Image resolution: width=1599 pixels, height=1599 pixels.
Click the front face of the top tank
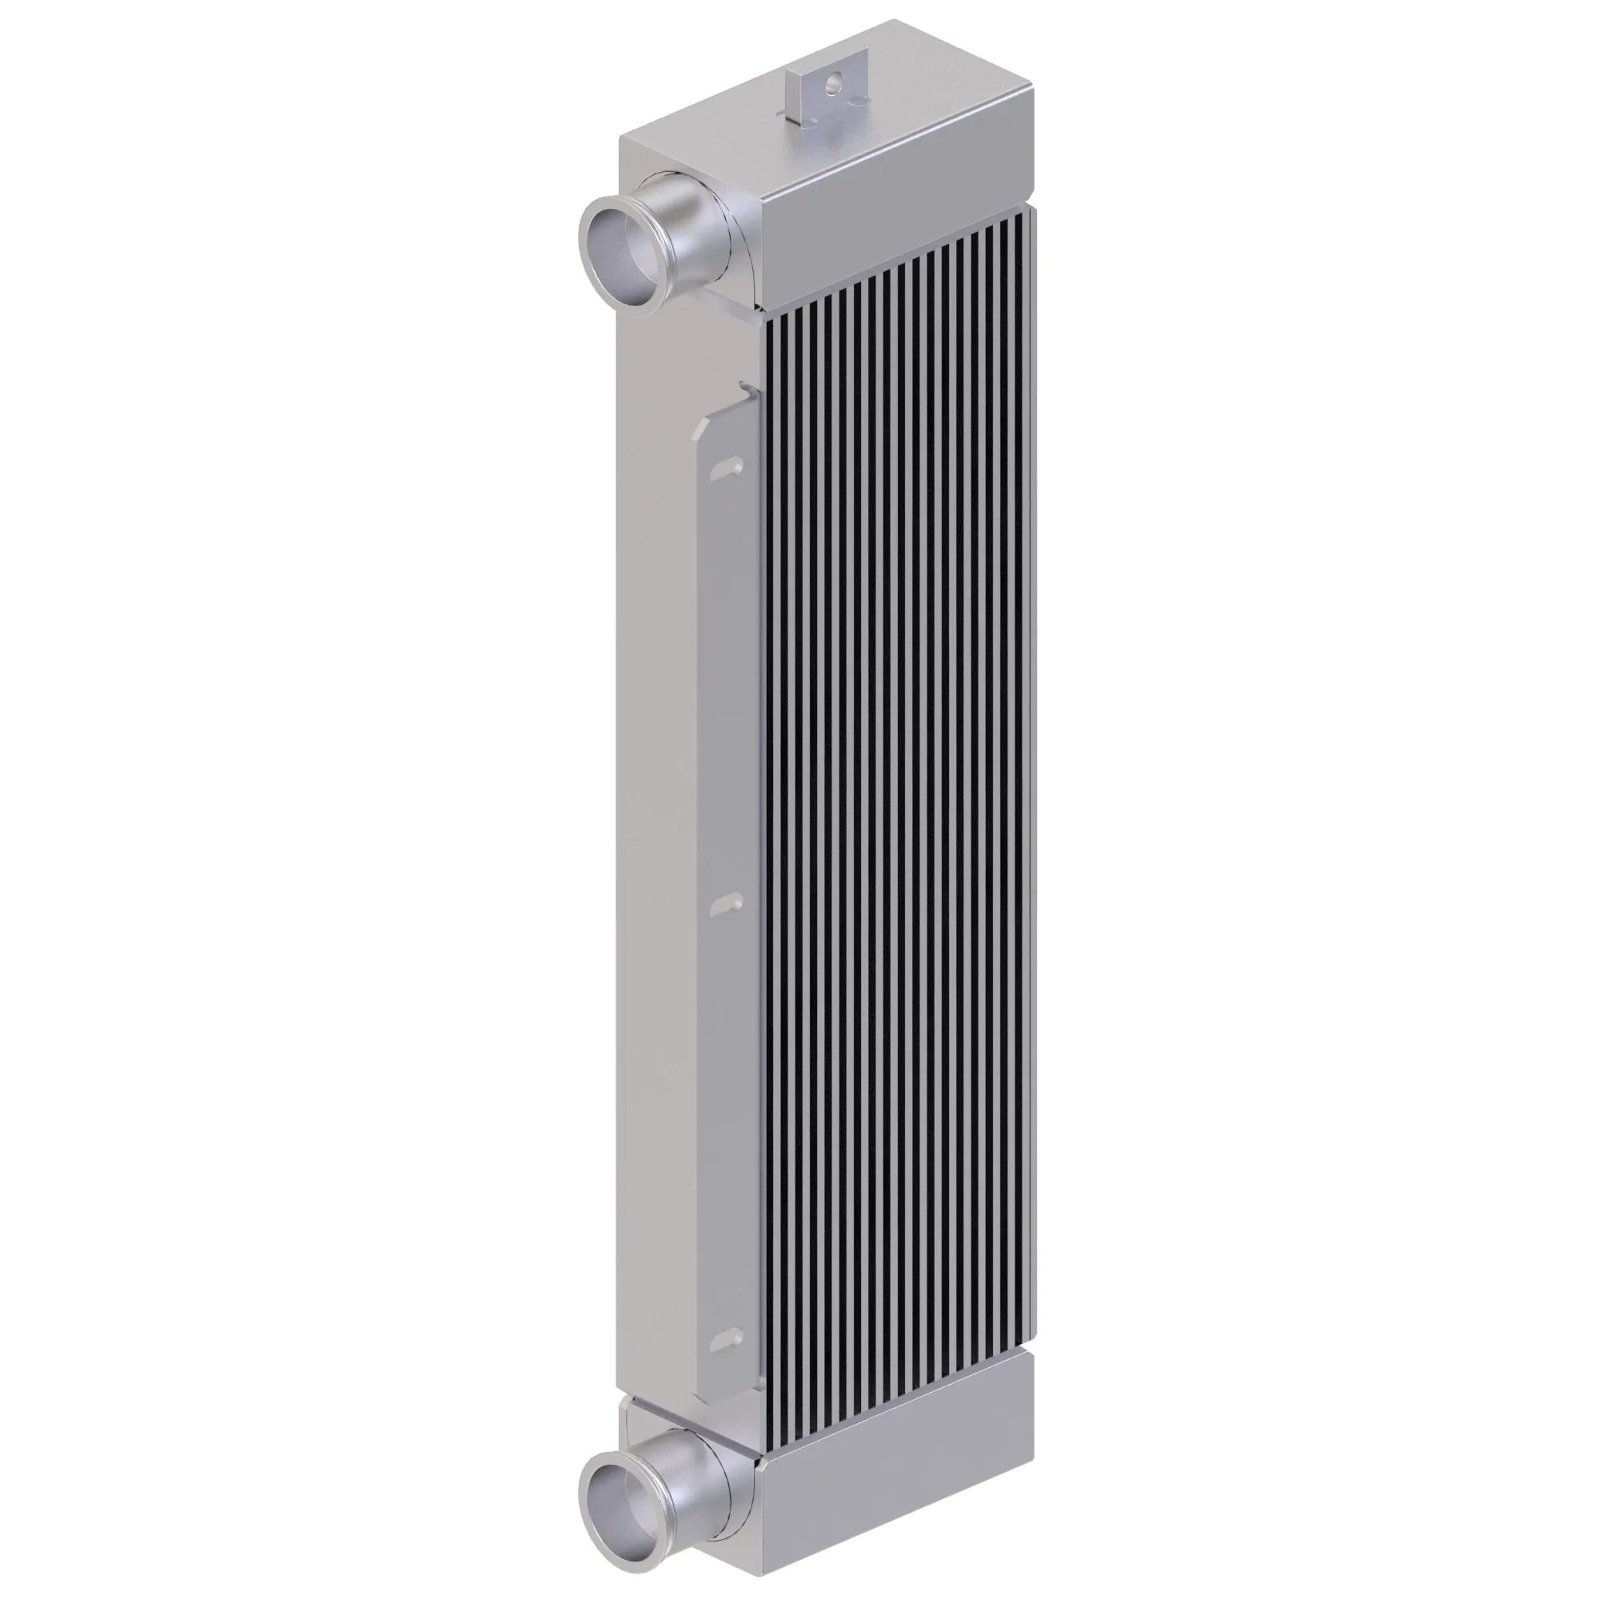pyautogui.click(x=894, y=240)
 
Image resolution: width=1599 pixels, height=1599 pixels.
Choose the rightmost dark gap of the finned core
pyautogui.click(x=1026, y=745)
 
